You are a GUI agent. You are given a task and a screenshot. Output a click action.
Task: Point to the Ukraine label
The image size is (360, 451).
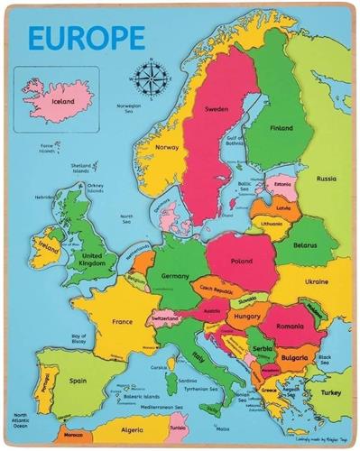[x=316, y=281]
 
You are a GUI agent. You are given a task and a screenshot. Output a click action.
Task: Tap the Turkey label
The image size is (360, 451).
[x=331, y=391]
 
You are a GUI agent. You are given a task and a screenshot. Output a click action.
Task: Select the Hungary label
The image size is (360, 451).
[x=246, y=318]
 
